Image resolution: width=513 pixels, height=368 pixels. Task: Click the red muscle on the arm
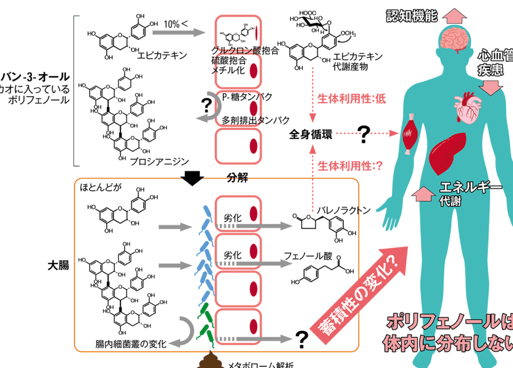(x=410, y=134)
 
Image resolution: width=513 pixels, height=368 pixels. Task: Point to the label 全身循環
(x=311, y=134)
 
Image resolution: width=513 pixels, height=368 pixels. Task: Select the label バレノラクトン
(x=344, y=211)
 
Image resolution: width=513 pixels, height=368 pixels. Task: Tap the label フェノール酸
(x=308, y=256)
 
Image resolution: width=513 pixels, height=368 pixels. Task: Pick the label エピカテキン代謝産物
(x=358, y=61)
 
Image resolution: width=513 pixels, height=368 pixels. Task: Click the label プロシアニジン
(x=159, y=161)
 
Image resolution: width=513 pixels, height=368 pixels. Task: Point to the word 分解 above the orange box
(x=237, y=178)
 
